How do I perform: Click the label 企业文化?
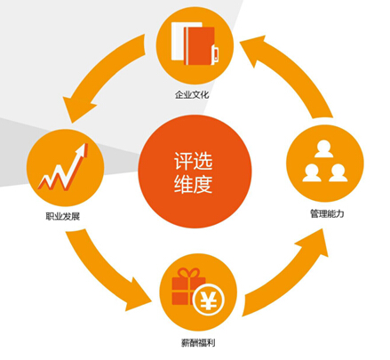pyautogui.click(x=192, y=95)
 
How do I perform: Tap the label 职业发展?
pyautogui.click(x=63, y=216)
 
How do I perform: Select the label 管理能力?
pyautogui.click(x=327, y=213)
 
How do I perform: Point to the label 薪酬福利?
pyautogui.click(x=198, y=343)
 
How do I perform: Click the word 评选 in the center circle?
pyautogui.click(x=193, y=161)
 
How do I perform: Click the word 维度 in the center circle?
pyautogui.click(x=193, y=184)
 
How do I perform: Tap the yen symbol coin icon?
pyautogui.click(x=209, y=300)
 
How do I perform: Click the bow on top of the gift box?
pyautogui.click(x=189, y=273)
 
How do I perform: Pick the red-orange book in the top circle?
pyautogui.click(x=199, y=45)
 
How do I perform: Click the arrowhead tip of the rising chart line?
pyautogui.click(x=86, y=144)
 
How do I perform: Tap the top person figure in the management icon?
pyautogui.click(x=323, y=148)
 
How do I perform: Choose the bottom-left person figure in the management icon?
pyautogui.click(x=312, y=172)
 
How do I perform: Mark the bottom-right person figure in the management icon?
pyautogui.click(x=338, y=172)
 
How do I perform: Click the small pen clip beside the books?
pyautogui.click(x=216, y=54)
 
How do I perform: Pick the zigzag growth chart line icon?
pyautogui.click(x=63, y=168)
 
